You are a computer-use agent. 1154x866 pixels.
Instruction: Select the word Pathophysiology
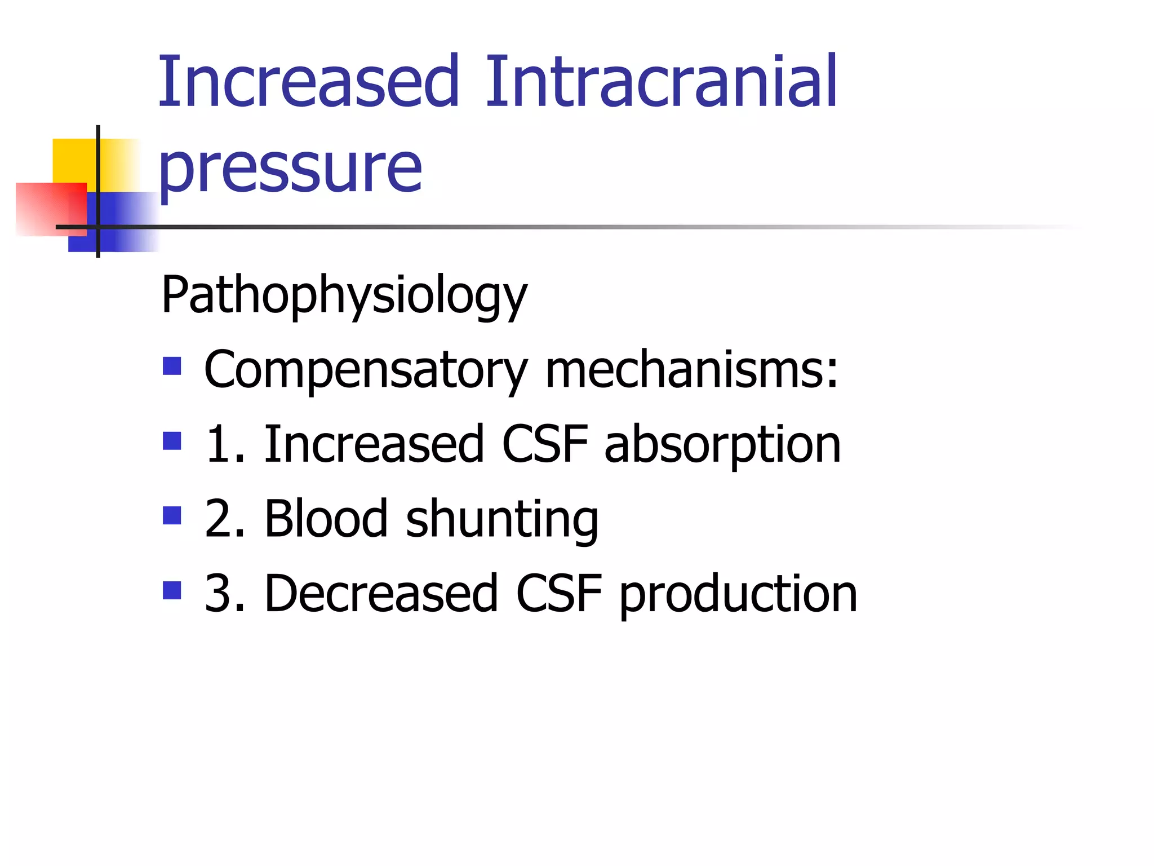(344, 295)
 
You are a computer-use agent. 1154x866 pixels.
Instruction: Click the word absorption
(722, 445)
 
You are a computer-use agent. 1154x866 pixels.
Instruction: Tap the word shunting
(502, 520)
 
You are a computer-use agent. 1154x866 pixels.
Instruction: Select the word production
(738, 594)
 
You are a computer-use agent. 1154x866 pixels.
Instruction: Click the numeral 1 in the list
(219, 445)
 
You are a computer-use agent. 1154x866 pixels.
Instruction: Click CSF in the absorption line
(545, 445)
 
